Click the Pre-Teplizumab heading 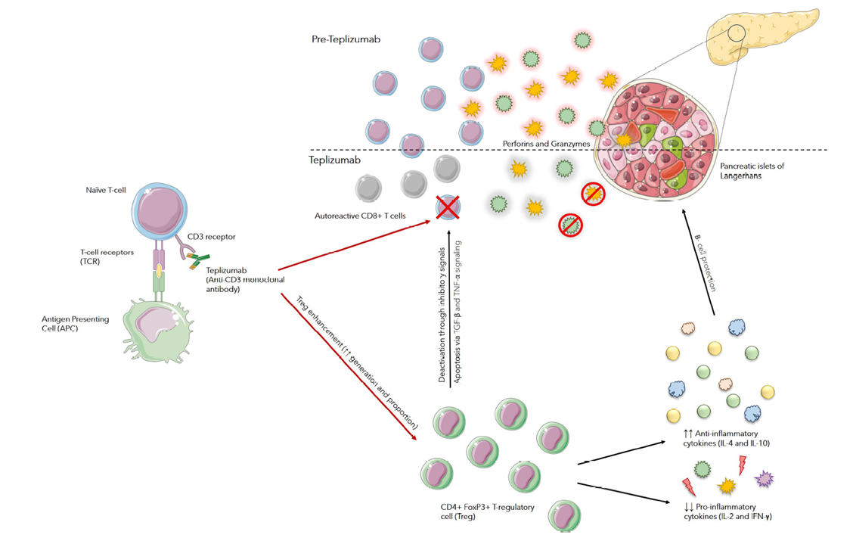click(346, 39)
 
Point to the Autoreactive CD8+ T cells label click(360, 216)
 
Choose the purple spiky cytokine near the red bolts click(764, 478)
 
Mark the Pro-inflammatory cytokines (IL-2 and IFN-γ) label click(727, 511)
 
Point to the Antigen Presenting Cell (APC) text click(76, 324)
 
